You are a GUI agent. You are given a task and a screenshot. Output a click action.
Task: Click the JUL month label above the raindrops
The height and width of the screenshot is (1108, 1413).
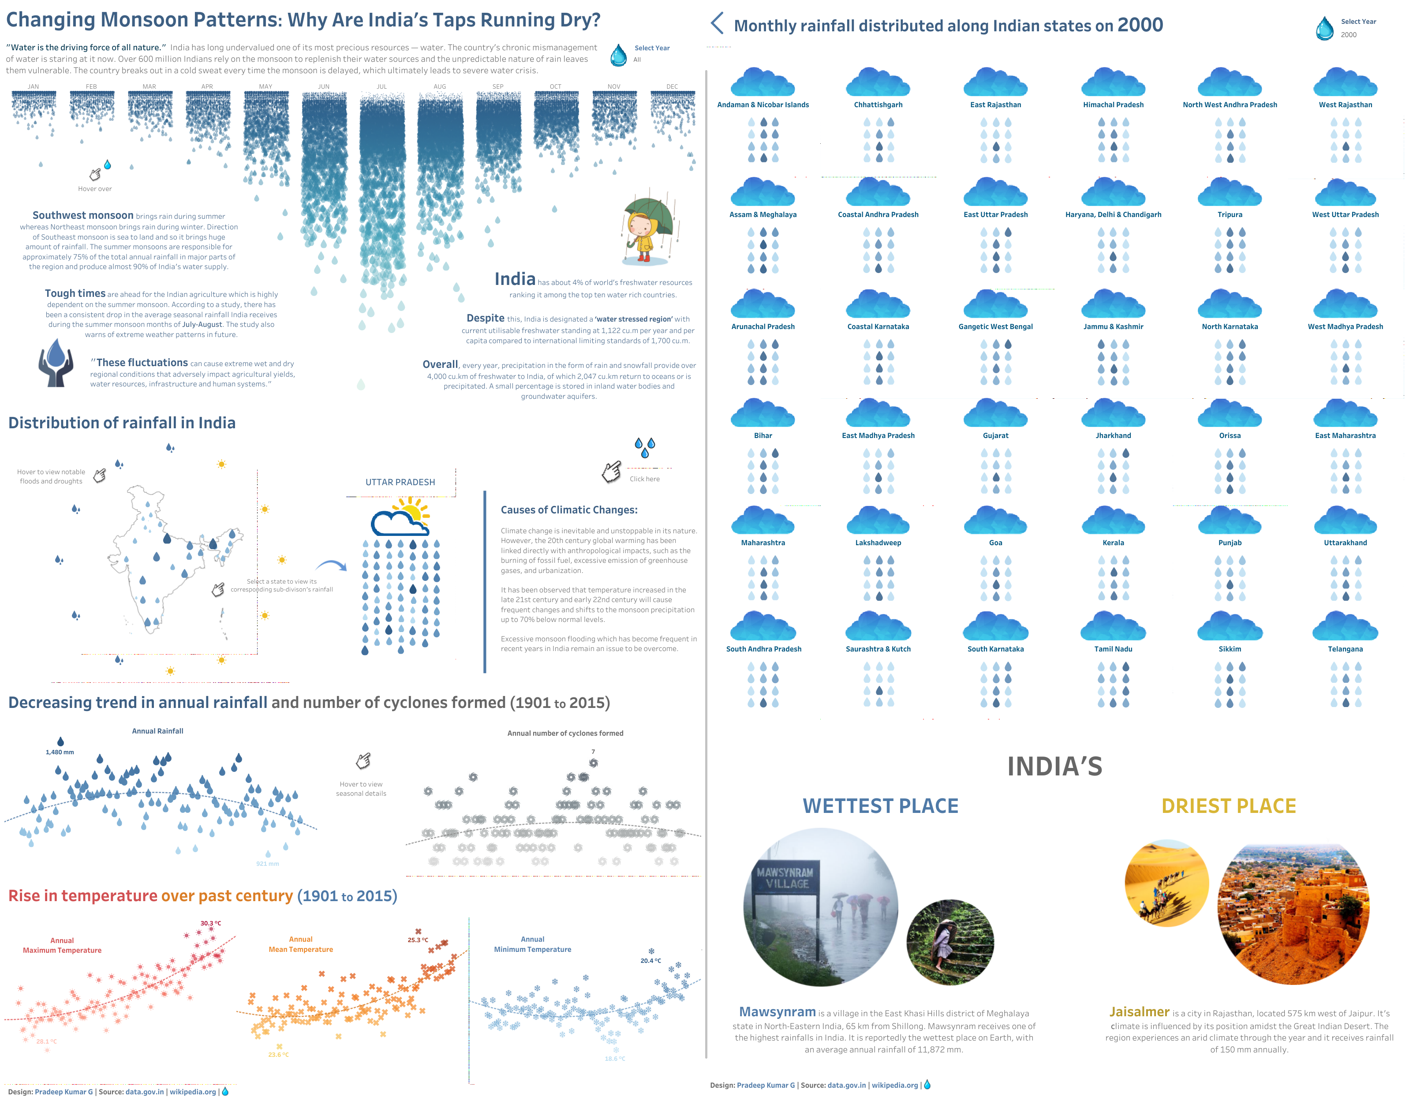click(x=381, y=86)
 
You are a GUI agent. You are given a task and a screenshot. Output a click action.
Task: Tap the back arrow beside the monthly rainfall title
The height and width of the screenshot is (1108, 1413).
click(x=717, y=23)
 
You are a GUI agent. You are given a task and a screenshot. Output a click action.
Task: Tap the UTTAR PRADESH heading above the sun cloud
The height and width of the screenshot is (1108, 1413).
click(x=400, y=482)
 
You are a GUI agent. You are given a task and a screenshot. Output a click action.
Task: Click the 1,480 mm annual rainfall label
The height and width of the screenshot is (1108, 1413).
click(x=60, y=752)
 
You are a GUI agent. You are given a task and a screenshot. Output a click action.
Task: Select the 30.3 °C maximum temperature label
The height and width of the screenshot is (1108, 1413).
click(x=211, y=923)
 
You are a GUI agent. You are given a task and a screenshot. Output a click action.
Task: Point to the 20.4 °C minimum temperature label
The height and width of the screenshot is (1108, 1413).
click(x=650, y=961)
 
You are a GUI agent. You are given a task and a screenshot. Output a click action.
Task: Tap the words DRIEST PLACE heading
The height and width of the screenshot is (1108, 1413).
click(x=1228, y=806)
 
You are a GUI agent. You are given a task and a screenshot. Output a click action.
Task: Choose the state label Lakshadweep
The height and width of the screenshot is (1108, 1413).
click(x=878, y=543)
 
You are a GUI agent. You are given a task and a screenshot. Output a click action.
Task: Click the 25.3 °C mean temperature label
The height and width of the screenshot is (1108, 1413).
click(x=418, y=940)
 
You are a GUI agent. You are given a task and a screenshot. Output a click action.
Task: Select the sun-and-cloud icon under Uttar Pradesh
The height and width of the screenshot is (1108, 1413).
click(x=400, y=517)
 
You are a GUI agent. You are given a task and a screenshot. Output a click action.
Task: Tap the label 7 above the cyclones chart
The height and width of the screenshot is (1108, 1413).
click(x=593, y=752)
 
